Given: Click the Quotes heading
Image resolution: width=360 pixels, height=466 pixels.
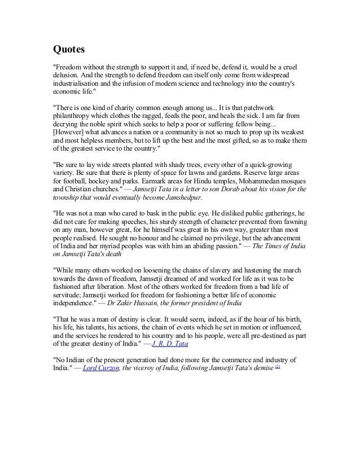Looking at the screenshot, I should [x=68, y=50].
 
